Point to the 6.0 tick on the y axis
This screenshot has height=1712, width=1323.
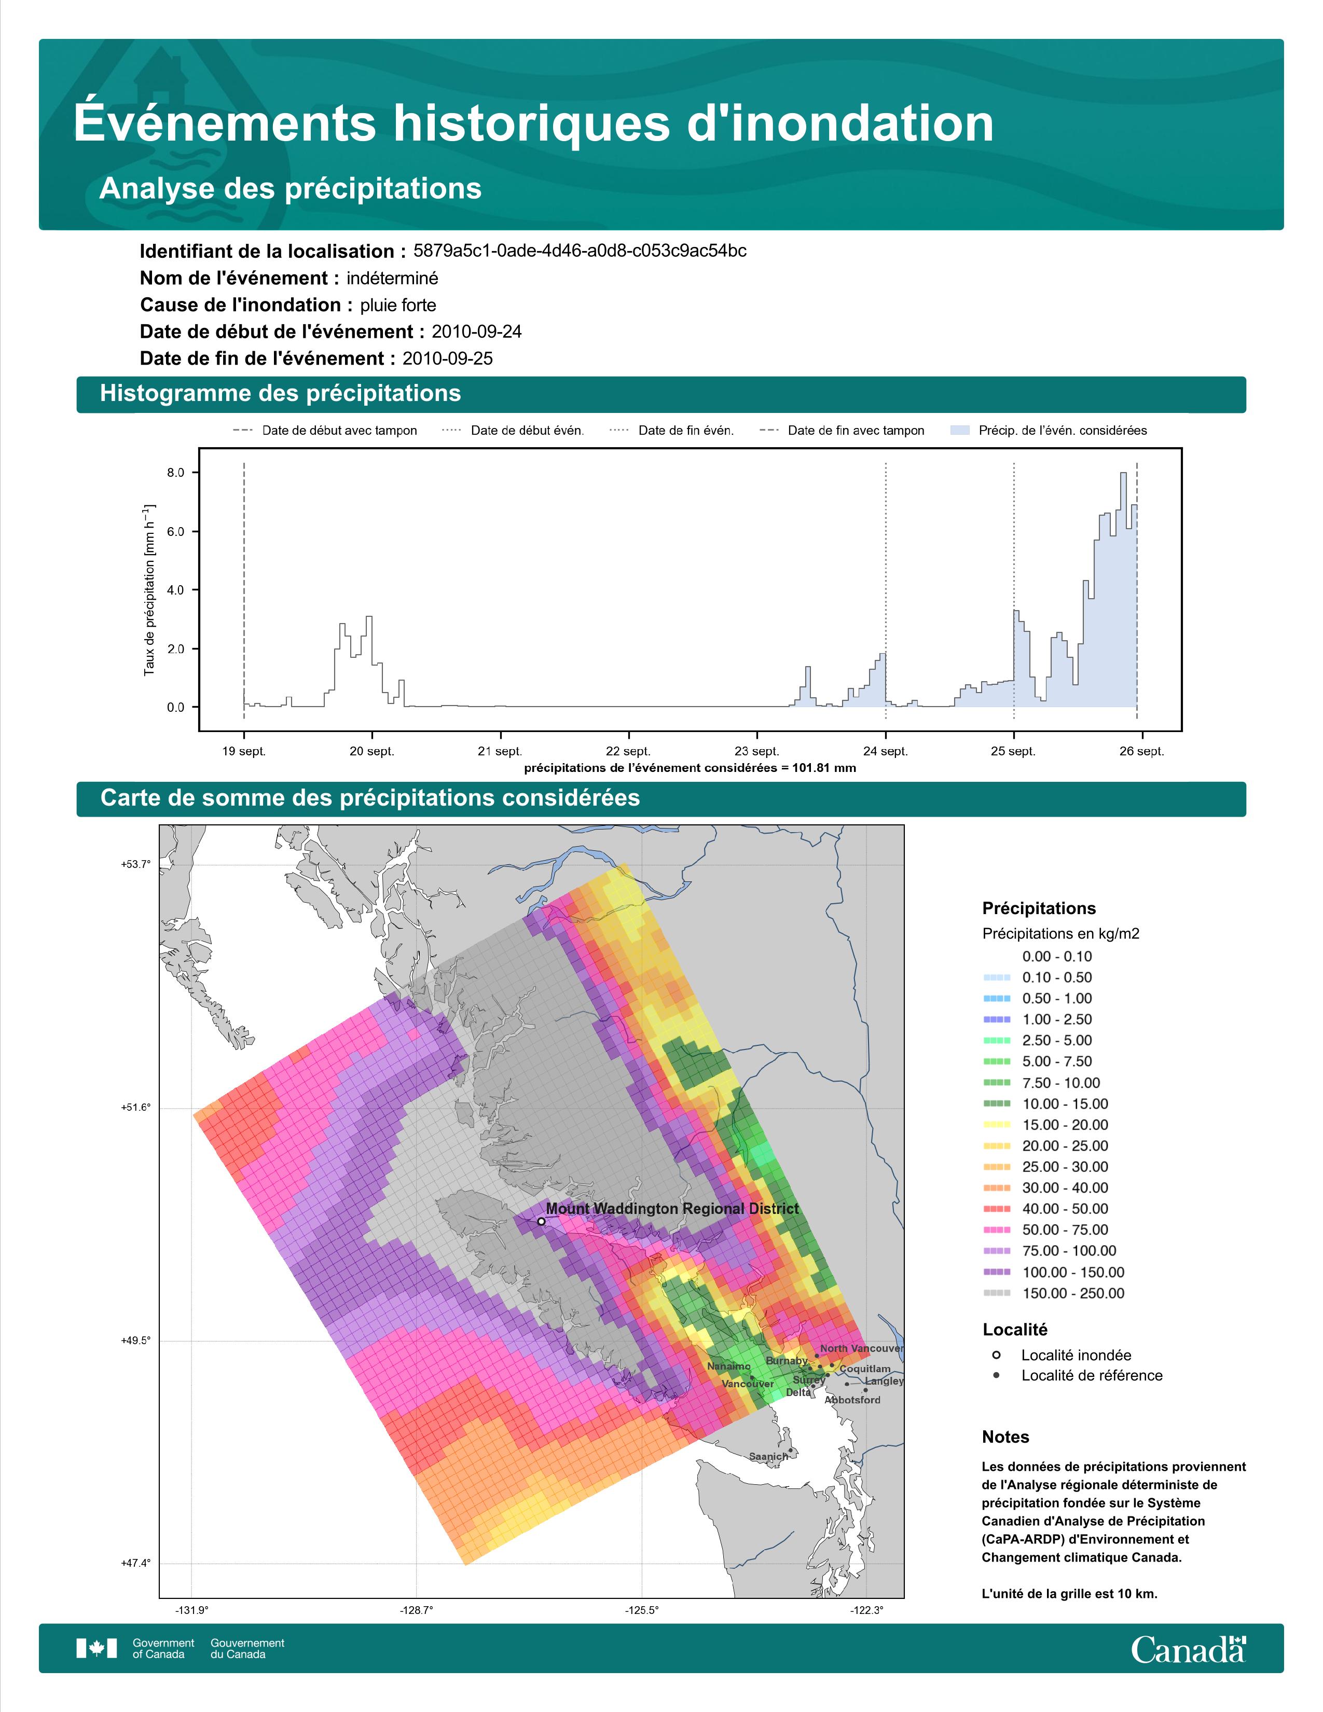point(175,531)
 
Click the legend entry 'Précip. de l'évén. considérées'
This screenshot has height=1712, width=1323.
point(1048,431)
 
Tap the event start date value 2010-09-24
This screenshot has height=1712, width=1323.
point(476,332)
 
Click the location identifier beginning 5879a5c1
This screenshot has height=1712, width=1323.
point(580,251)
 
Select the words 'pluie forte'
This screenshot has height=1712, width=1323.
point(398,305)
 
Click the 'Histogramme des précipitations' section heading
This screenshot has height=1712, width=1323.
point(281,394)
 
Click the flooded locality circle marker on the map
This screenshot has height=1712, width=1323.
point(541,1221)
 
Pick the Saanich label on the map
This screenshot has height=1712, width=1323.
point(768,1456)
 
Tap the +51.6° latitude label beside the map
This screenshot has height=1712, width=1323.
point(135,1108)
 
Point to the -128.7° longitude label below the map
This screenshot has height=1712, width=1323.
point(416,1610)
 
